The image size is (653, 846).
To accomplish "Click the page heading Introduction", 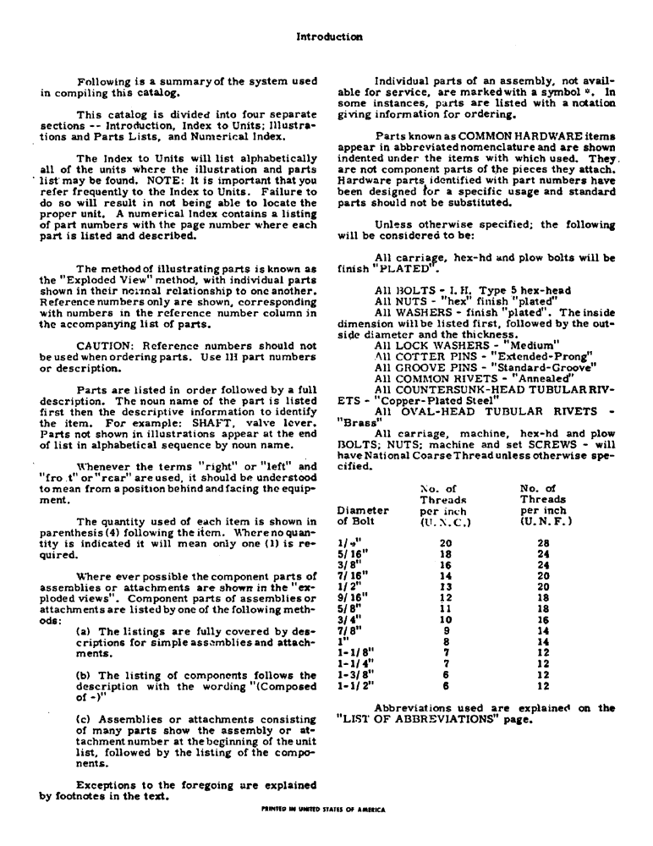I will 330,36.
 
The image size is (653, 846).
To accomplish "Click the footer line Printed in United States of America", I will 325,809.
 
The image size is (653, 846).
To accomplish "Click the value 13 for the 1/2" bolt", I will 449,586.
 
